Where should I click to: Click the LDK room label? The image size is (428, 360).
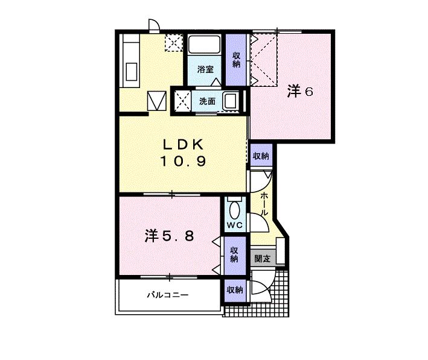point(183,144)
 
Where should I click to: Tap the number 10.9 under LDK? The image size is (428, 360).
point(183,161)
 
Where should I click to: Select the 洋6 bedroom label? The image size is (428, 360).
point(300,91)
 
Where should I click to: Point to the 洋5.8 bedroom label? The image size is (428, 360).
point(169,236)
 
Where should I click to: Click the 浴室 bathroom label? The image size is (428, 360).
point(205,69)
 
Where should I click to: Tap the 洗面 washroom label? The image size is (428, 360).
point(207,101)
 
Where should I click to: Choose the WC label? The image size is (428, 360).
point(235,226)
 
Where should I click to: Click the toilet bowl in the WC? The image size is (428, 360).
point(235,210)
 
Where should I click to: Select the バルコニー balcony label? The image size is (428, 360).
point(168,295)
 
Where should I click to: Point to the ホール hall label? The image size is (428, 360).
point(264,204)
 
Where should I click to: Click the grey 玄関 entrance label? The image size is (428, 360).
point(263,259)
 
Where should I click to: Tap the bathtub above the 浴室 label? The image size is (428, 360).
point(204,45)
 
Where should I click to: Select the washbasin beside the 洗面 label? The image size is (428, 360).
point(231,100)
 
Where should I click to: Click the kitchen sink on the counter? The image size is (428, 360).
point(131,72)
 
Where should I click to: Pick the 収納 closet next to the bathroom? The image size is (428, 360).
point(236,60)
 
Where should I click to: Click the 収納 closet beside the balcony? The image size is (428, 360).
point(235,290)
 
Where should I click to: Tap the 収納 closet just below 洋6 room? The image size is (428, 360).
point(261,156)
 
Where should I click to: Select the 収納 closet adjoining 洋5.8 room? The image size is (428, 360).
point(234,254)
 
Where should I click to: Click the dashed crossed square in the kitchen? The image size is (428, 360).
point(174,43)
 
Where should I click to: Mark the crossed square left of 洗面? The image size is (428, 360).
point(183,101)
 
